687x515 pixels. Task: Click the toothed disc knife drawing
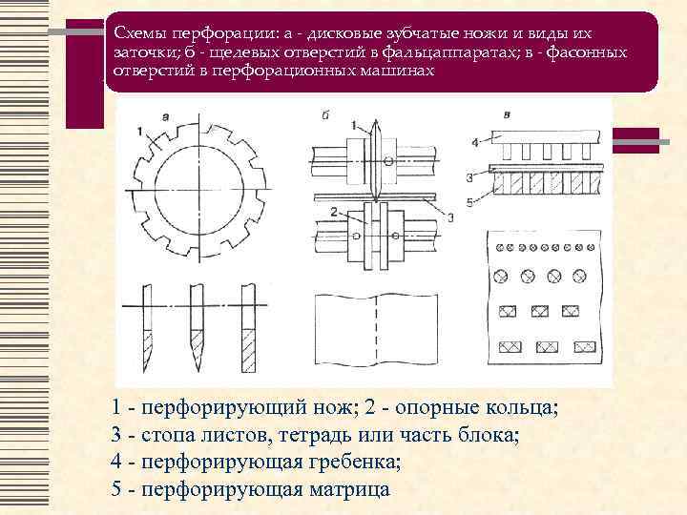coord(198,191)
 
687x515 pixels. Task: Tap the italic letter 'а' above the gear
coord(166,116)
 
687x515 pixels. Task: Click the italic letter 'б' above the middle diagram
coord(326,115)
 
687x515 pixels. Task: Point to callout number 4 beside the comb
coord(474,143)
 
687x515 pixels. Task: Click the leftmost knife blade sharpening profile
coord(150,329)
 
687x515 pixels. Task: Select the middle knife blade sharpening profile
coord(198,329)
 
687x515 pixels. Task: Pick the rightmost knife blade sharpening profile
coord(248,329)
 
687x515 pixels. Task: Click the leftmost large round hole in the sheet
coord(499,276)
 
